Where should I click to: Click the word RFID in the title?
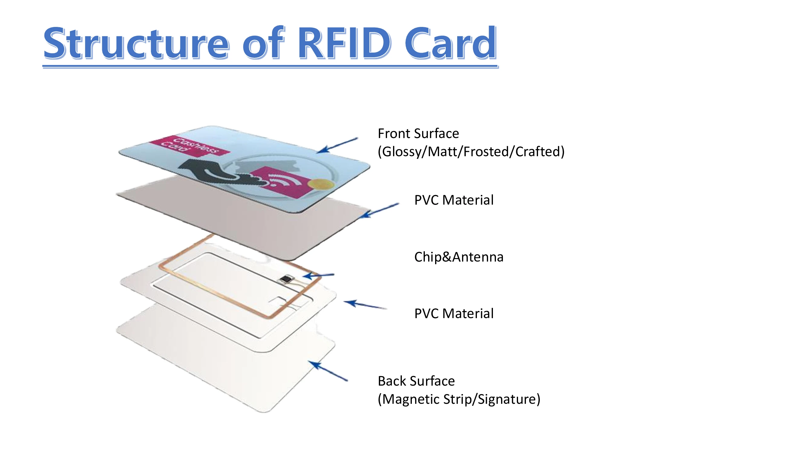tap(344, 43)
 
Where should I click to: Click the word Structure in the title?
tap(136, 43)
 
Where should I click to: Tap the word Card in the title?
tap(450, 43)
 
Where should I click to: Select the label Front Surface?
tap(418, 133)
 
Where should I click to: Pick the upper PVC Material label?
tap(454, 200)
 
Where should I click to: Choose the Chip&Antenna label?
tap(458, 257)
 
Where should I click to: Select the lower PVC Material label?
tap(454, 313)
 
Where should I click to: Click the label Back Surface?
tap(416, 381)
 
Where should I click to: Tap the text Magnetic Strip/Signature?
tap(459, 399)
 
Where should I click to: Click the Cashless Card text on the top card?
tap(189, 146)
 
